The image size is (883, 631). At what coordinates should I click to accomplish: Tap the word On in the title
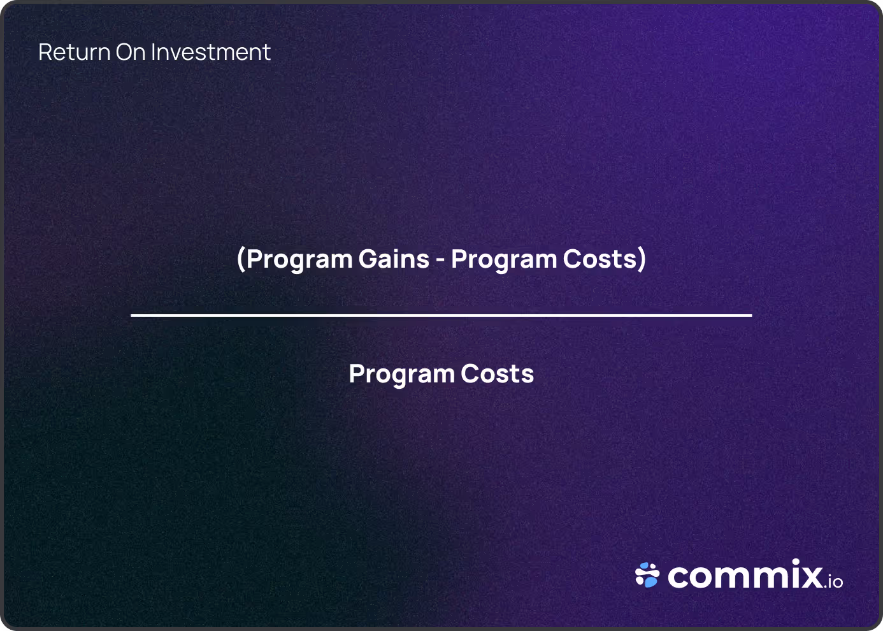point(131,52)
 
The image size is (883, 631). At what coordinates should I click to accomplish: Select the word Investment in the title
point(211,52)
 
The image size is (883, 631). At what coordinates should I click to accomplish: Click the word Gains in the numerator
point(394,259)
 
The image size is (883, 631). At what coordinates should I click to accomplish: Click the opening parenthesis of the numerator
point(241,259)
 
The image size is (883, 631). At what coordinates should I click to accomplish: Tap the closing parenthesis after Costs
point(642,259)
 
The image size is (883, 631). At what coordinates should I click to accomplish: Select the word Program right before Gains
point(299,259)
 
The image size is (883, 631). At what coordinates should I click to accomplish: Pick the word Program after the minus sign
point(504,259)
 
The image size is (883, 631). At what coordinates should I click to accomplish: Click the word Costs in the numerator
point(599,259)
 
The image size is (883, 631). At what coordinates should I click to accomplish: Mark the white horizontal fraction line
point(441,315)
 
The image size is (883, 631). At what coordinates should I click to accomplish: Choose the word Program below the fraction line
point(401,374)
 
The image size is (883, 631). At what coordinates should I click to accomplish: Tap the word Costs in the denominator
point(498,374)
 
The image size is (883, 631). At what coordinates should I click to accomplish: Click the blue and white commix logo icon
point(647,575)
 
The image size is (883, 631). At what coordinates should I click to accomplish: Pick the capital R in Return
point(45,52)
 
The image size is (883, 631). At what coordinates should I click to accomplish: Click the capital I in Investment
point(153,52)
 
